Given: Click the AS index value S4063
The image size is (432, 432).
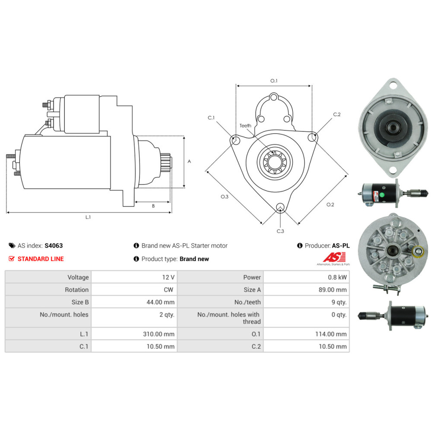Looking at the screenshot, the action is (x=54, y=245).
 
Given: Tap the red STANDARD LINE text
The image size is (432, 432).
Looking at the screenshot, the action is (x=41, y=259).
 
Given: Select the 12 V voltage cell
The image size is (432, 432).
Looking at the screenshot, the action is (x=134, y=277).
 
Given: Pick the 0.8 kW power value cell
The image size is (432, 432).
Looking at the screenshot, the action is (x=306, y=277).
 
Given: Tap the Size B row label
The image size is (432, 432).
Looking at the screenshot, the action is (x=80, y=302).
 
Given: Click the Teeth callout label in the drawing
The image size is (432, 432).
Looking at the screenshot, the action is (x=245, y=126).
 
